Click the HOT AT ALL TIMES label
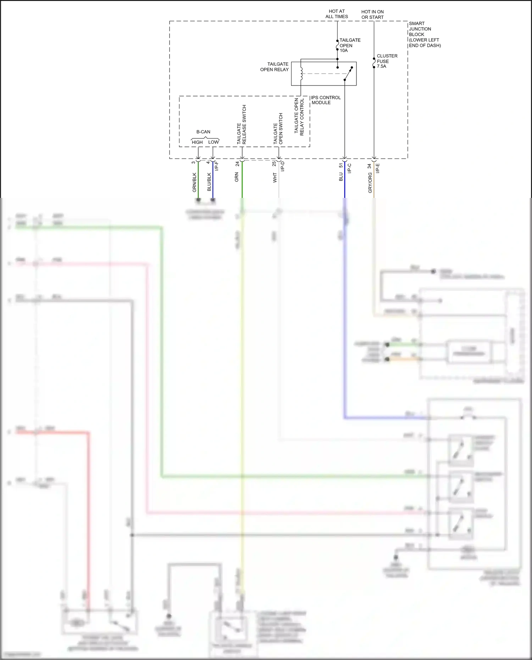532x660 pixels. click(337, 14)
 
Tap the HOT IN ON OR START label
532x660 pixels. click(372, 14)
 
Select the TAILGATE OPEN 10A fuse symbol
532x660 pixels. click(337, 45)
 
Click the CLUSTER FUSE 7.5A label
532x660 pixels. click(387, 61)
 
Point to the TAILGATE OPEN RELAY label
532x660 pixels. click(275, 67)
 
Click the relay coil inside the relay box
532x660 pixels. click(301, 73)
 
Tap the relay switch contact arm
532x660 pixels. click(348, 73)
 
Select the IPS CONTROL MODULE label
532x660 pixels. click(326, 100)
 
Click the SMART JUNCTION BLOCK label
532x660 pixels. click(424, 34)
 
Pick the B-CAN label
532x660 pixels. click(203, 132)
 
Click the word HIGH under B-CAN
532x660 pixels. click(197, 142)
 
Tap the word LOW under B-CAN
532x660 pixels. click(214, 142)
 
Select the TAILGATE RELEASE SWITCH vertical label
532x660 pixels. click(242, 124)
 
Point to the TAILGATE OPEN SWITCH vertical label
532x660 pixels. click(278, 129)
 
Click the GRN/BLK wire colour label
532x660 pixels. click(194, 182)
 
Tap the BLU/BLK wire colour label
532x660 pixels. click(209, 182)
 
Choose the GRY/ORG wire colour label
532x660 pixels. click(370, 183)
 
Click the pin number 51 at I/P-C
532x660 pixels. click(341, 165)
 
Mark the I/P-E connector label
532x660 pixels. click(378, 168)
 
